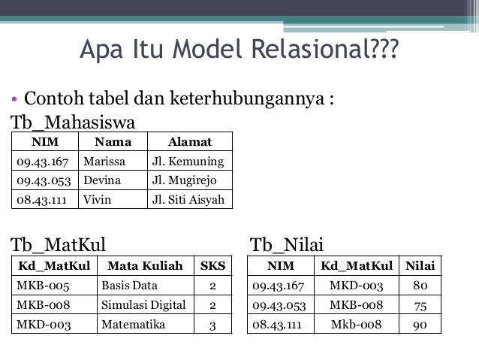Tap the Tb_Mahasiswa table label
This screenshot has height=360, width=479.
pyautogui.click(x=73, y=123)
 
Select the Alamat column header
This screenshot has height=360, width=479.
pyautogui.click(x=189, y=141)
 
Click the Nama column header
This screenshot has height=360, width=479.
pyautogui.click(x=113, y=141)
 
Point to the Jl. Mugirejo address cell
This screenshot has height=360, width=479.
pyautogui.click(x=184, y=180)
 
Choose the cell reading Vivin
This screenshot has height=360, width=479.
pyautogui.click(x=97, y=200)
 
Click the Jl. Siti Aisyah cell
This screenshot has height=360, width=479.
pyautogui.click(x=188, y=200)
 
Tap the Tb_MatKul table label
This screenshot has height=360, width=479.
pyautogui.click(x=58, y=244)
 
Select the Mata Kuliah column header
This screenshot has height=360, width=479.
pyautogui.click(x=145, y=265)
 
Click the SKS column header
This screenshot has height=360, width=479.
pyautogui.click(x=212, y=265)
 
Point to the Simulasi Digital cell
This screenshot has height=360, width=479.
pyautogui.click(x=143, y=304)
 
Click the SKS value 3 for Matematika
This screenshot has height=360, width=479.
pyautogui.click(x=212, y=325)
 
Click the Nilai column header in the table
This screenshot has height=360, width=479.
pyautogui.click(x=420, y=265)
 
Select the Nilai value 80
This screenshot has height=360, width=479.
pyautogui.click(x=420, y=286)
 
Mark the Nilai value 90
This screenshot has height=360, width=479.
pyautogui.click(x=420, y=325)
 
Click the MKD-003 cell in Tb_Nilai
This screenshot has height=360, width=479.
pyautogui.click(x=357, y=286)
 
